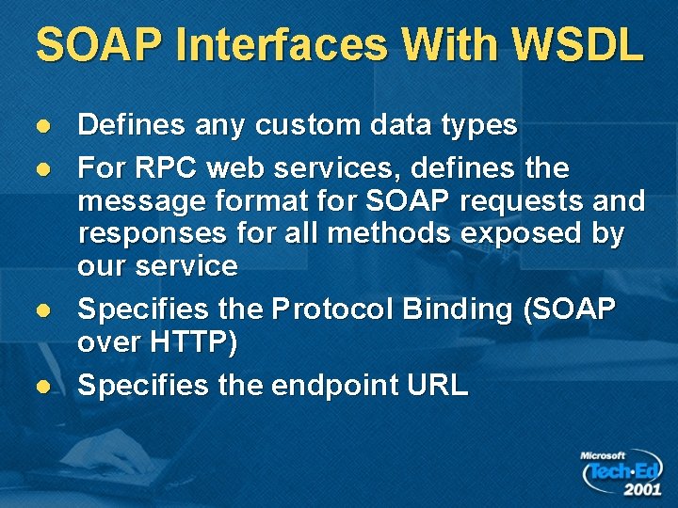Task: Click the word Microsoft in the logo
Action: coord(603,456)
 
